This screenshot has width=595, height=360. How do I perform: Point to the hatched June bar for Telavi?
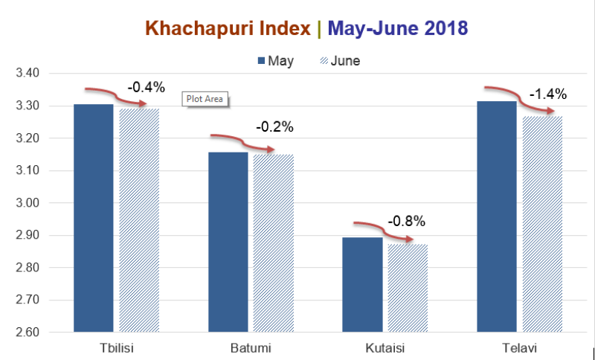pyautogui.click(x=542, y=224)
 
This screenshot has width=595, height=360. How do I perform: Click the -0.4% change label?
pyautogui.click(x=146, y=87)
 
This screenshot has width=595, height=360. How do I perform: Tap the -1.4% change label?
pyautogui.click(x=548, y=94)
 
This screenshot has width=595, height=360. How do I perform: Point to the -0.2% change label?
pyautogui.click(x=274, y=126)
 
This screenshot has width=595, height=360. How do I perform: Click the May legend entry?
pyautogui.click(x=276, y=61)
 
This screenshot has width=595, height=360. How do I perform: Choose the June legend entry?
pyautogui.click(x=340, y=61)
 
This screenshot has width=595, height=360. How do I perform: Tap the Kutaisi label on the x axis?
pyautogui.click(x=385, y=348)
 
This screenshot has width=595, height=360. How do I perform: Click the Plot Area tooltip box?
pyautogui.click(x=205, y=98)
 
